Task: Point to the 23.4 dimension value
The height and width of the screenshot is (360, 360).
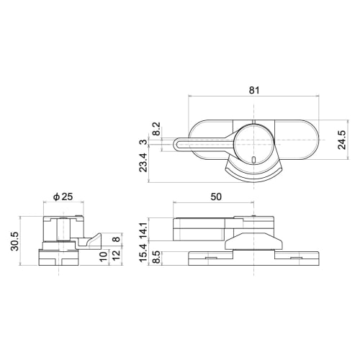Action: click(x=144, y=165)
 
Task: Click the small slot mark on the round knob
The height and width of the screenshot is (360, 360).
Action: click(x=255, y=157)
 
